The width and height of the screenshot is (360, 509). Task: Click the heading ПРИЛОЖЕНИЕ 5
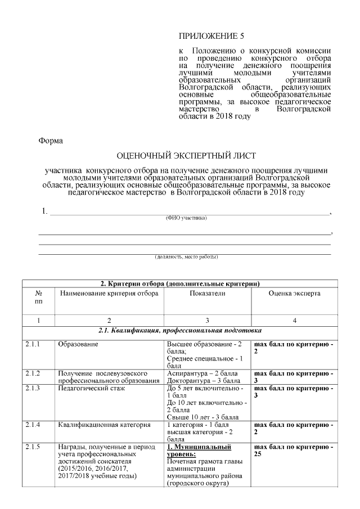[211, 37]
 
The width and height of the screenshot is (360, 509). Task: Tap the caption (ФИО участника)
[186, 218]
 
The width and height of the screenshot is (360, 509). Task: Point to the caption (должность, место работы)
[186, 257]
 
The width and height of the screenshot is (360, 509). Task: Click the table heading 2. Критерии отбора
[178, 283]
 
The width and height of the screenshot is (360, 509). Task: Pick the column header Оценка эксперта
[294, 293]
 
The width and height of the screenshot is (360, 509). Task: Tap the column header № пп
[39, 298]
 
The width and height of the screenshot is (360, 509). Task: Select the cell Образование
[78, 343]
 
